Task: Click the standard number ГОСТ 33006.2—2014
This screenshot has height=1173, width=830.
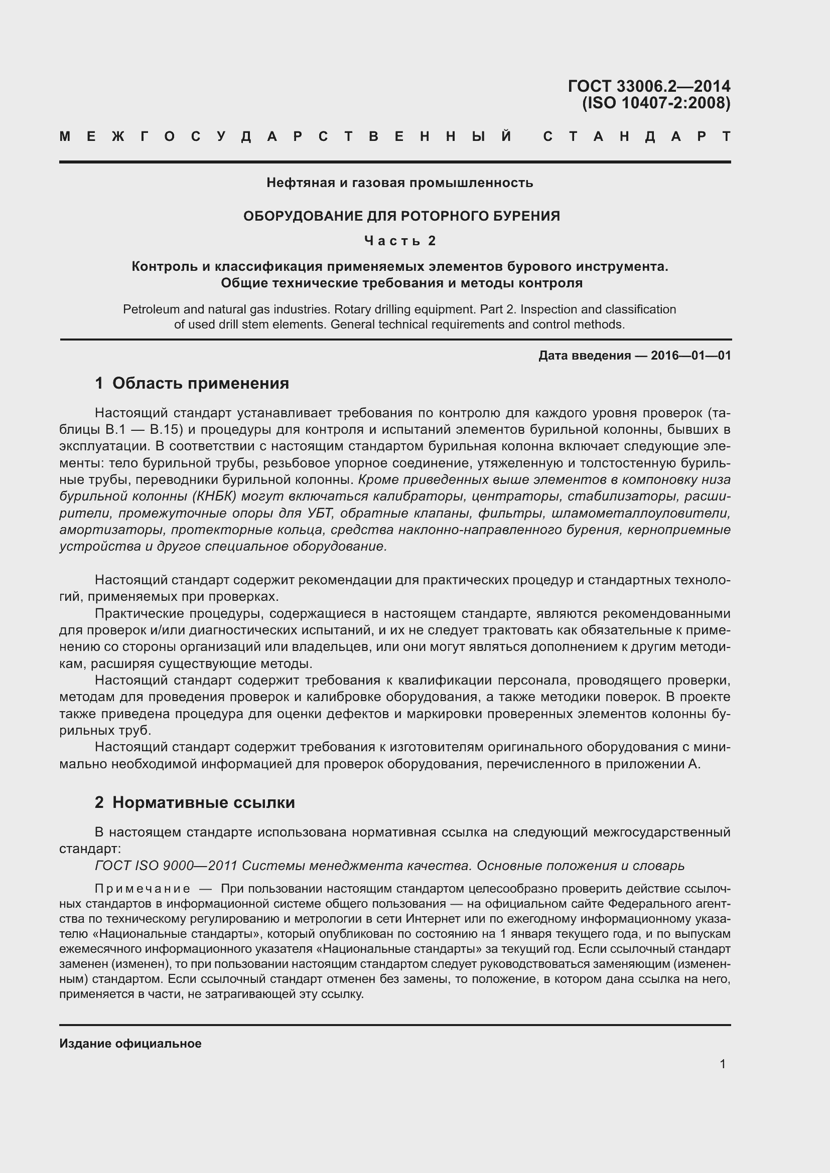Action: point(648,86)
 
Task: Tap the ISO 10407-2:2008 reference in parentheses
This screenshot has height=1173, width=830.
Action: point(656,104)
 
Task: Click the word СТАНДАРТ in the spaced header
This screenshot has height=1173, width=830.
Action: point(636,137)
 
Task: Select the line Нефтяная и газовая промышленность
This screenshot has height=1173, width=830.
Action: point(399,183)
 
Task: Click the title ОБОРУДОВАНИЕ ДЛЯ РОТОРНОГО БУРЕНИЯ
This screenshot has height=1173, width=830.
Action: point(401,216)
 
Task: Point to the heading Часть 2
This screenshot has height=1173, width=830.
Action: point(400,241)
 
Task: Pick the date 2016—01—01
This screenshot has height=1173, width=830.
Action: point(690,356)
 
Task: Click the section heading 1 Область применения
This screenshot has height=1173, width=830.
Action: point(192,383)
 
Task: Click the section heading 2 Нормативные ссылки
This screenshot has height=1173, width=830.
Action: point(195,802)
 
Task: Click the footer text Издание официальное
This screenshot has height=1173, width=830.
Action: point(130,1044)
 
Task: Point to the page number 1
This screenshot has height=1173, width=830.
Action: point(722,1064)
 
